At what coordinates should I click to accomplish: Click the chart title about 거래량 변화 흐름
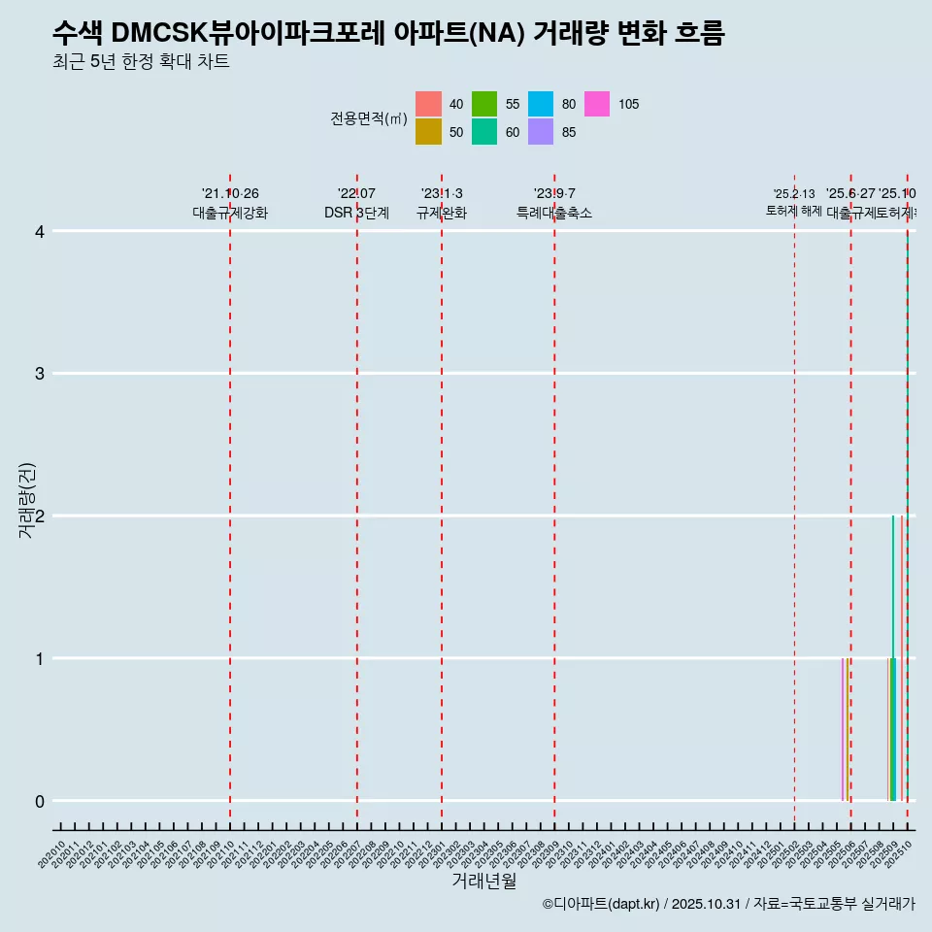pos(388,32)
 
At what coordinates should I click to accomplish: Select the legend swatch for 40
pos(428,104)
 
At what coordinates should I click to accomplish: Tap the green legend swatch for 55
pos(484,104)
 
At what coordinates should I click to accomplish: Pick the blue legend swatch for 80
pos(541,104)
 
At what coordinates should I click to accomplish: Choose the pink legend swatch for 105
pos(597,104)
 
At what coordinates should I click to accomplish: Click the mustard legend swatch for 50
pos(428,132)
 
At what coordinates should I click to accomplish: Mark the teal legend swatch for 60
pos(484,132)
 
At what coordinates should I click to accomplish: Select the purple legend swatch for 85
pos(541,132)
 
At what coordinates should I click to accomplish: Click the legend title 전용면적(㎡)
pos(369,118)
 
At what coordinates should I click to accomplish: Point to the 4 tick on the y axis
pos(40,231)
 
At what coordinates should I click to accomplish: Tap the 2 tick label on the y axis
pos(40,516)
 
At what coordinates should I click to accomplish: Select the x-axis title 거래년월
pos(483,881)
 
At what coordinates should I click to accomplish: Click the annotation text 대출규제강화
pos(230,213)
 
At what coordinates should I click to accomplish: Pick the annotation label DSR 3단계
pos(356,213)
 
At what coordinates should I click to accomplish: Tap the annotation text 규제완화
pos(442,213)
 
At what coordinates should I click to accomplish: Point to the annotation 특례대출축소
pos(554,213)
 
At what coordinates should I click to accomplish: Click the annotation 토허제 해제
pos(793,211)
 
